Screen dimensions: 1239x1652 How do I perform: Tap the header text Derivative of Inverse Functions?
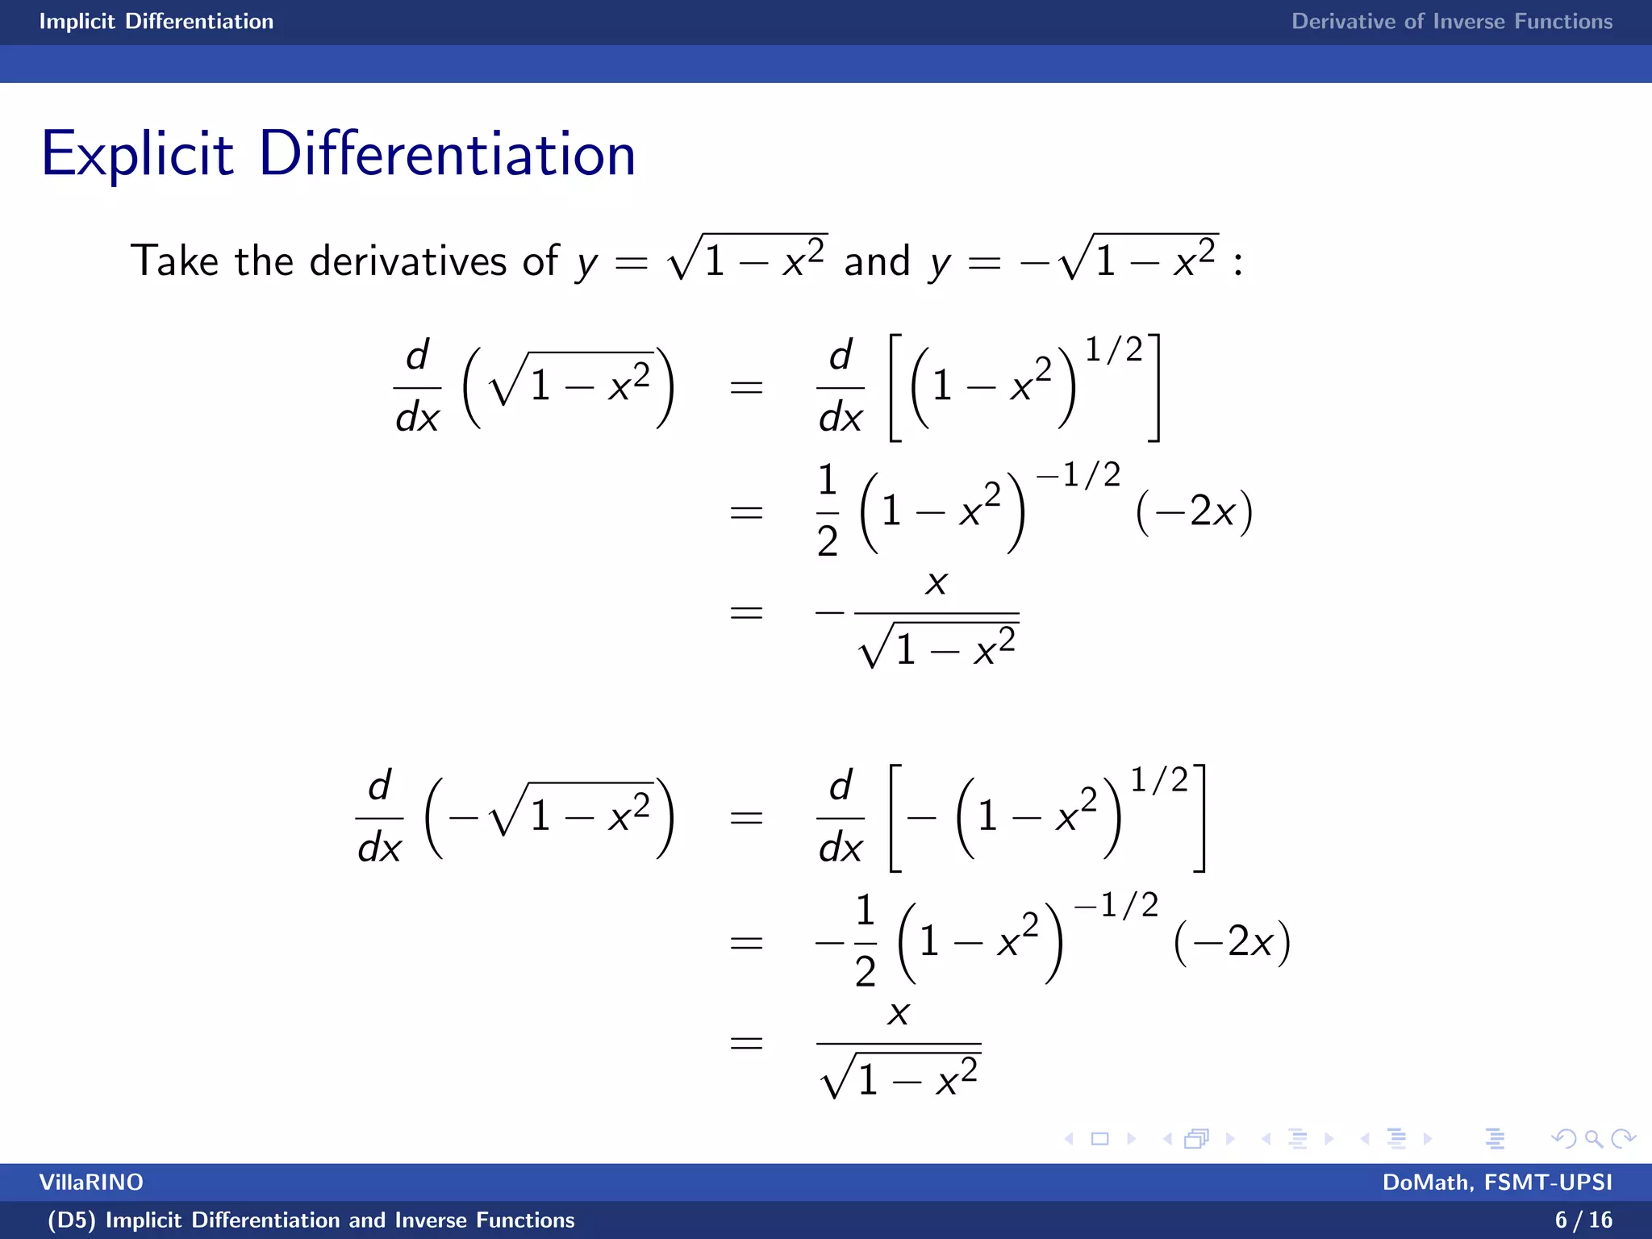pos(1451,22)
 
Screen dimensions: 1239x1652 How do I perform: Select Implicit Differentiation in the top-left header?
pos(156,22)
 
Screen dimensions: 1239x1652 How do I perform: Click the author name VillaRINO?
pos(91,1183)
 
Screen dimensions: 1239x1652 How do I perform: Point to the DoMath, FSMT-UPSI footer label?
pos(1497,1183)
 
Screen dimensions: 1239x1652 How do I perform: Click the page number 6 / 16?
pos(1583,1220)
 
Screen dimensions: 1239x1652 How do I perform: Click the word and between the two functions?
pos(877,261)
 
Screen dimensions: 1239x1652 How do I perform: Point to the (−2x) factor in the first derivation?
pos(1194,511)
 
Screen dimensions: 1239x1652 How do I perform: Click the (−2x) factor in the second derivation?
pos(1232,942)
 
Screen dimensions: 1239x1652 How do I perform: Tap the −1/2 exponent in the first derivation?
pos(1078,475)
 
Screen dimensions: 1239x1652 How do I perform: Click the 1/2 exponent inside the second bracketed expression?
pos(1159,780)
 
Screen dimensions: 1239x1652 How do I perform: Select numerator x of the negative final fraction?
pos(936,582)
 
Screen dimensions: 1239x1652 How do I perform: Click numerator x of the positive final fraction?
pos(899,1013)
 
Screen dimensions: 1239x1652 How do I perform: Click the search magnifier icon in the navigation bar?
pos(1593,1138)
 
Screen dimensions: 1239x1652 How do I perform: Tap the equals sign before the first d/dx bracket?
pos(746,388)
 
